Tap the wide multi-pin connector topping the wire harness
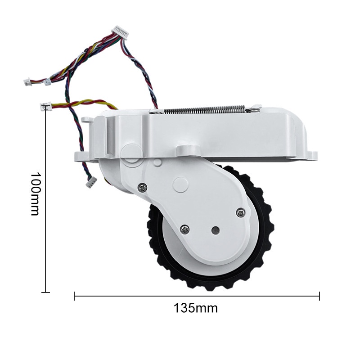click(x=121, y=31)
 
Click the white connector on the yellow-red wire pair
click(x=45, y=107)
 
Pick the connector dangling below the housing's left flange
click(x=91, y=182)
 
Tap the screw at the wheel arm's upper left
click(x=143, y=187)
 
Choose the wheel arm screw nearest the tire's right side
click(x=240, y=211)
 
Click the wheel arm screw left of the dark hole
click(x=184, y=229)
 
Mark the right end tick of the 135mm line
click(x=319, y=296)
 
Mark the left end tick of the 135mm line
click(x=74, y=296)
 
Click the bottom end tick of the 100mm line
click(x=45, y=292)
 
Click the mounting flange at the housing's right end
click(x=311, y=156)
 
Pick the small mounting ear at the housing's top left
click(x=86, y=121)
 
